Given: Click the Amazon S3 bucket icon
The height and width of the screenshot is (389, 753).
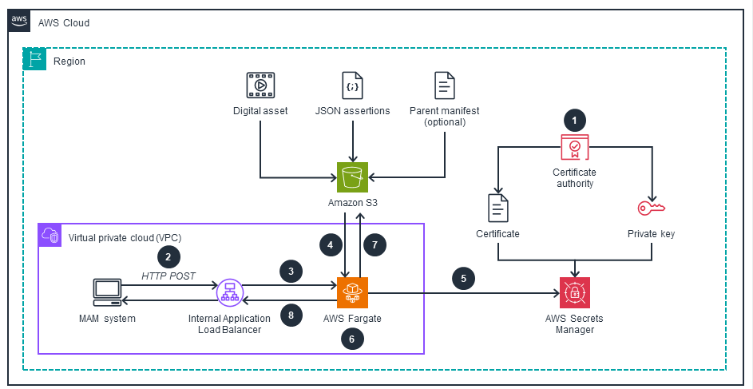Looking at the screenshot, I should (x=352, y=177).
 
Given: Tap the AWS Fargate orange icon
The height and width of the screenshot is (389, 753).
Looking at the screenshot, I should (x=352, y=292).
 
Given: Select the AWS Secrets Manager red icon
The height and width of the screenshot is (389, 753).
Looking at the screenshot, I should (x=574, y=292).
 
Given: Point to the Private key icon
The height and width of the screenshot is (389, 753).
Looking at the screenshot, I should (x=653, y=208).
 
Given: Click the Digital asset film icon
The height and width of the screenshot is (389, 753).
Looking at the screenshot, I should (x=260, y=85).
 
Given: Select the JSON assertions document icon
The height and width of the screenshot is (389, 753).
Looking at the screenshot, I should (x=352, y=85).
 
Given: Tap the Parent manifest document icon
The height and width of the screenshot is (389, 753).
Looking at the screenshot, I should (x=444, y=85).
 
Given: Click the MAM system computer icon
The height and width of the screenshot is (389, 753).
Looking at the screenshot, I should (x=107, y=292).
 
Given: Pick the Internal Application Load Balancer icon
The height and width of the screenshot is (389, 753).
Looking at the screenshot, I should (x=229, y=292).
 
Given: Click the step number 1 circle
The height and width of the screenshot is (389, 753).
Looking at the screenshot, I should (x=574, y=120).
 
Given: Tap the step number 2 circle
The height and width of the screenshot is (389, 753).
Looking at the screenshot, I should (x=168, y=256).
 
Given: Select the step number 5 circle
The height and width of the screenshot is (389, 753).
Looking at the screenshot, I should (x=463, y=279).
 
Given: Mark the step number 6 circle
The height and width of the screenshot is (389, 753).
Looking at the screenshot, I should (x=352, y=339).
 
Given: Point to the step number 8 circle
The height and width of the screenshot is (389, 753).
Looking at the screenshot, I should (x=291, y=315).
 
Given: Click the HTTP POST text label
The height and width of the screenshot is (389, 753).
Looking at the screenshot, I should (x=168, y=276).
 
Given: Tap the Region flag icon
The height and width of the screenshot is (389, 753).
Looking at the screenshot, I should (x=34, y=60).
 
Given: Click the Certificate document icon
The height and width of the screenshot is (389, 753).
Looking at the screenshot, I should (x=498, y=208).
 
